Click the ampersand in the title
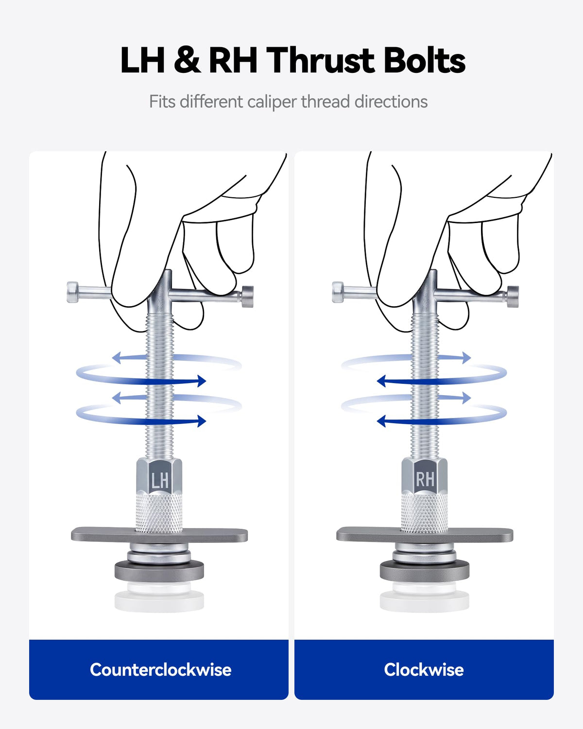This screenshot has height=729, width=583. pyautogui.click(x=187, y=60)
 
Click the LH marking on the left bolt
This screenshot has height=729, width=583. pyautogui.click(x=159, y=480)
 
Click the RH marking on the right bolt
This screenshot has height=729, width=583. pyautogui.click(x=425, y=479)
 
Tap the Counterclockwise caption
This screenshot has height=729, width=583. pyautogui.click(x=161, y=670)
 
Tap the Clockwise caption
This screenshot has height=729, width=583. pyautogui.click(x=424, y=670)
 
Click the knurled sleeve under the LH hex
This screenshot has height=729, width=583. pyautogui.click(x=159, y=513)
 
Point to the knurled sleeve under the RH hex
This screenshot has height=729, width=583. pyautogui.click(x=424, y=513)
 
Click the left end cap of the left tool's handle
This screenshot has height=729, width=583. pyautogui.click(x=73, y=292)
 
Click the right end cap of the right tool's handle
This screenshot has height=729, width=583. pyautogui.click(x=513, y=297)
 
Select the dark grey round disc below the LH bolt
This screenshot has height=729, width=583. pyautogui.click(x=159, y=571)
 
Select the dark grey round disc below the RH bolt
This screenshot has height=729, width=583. pyautogui.click(x=425, y=571)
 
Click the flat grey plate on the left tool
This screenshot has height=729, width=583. pyautogui.click(x=159, y=535)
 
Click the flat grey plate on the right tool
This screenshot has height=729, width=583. pyautogui.click(x=425, y=535)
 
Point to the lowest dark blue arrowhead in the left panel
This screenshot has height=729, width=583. pyautogui.click(x=202, y=421)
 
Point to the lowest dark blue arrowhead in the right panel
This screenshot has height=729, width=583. pyautogui.click(x=381, y=421)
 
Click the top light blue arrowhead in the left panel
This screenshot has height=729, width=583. pyautogui.click(x=116, y=358)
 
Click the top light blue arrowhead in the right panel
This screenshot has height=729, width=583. pyautogui.click(x=467, y=358)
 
